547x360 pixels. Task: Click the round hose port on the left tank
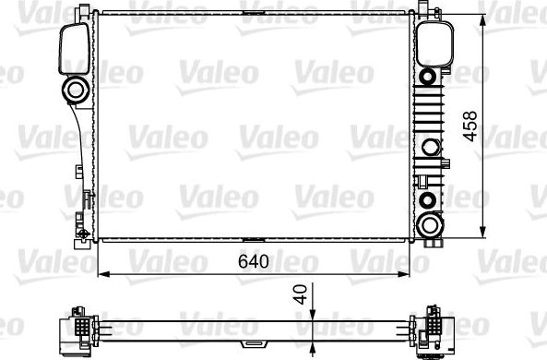74,90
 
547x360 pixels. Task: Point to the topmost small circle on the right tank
428,74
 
